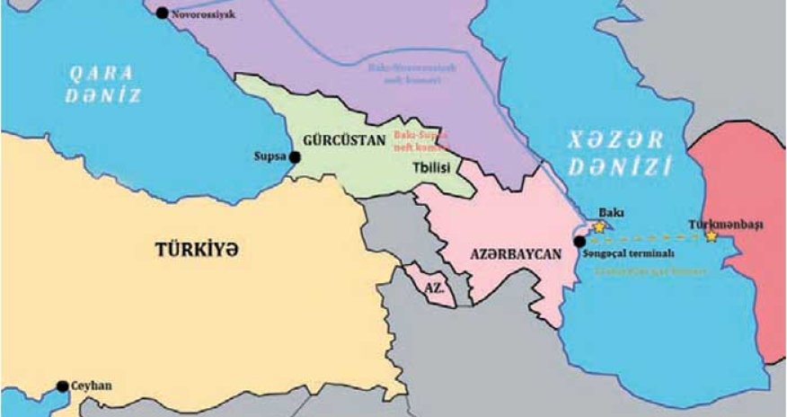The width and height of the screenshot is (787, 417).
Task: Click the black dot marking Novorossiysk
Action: click(x=162, y=13)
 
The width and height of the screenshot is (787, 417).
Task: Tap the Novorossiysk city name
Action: click(x=202, y=14)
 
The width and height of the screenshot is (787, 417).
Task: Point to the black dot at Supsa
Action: click(x=294, y=156)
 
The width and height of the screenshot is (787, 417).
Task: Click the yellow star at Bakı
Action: click(x=598, y=227)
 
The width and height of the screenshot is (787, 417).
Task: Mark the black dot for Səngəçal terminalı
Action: click(x=579, y=241)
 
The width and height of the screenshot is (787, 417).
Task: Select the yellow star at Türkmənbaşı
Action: click(x=712, y=236)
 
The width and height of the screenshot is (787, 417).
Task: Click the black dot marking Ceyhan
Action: click(x=62, y=386)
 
